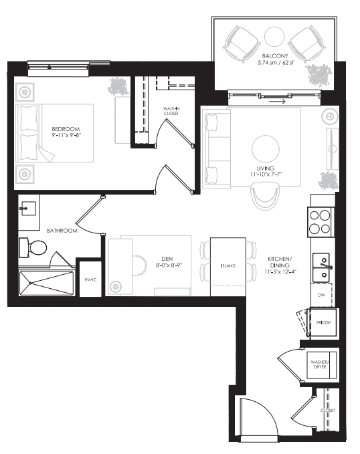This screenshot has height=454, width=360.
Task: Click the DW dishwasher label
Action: click(x=321, y=294)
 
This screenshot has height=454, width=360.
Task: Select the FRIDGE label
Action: click(x=323, y=323)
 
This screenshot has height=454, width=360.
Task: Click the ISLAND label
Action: click(x=228, y=265)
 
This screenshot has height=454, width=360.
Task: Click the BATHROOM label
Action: click(x=62, y=231)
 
